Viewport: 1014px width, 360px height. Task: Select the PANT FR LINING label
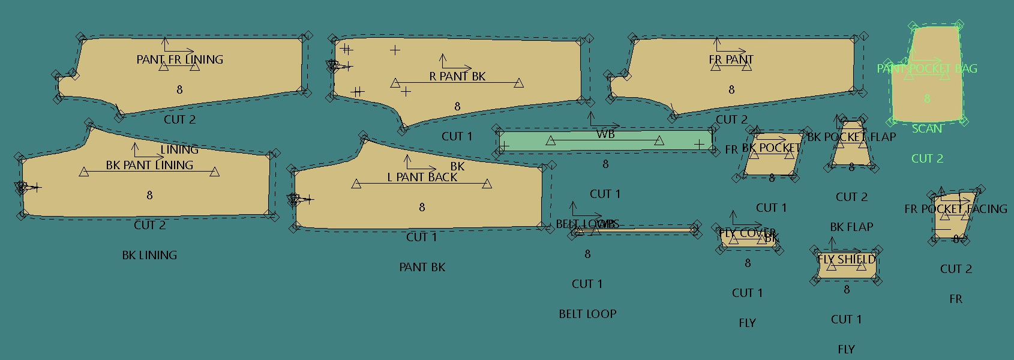(179, 59)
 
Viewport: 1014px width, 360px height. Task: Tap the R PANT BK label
(457, 76)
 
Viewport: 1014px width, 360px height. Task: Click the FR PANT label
(731, 59)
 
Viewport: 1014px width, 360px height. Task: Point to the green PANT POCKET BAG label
(926, 68)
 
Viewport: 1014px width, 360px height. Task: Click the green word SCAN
(926, 128)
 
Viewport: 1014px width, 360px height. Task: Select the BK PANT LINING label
(149, 165)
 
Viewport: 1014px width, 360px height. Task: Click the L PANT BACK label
(422, 177)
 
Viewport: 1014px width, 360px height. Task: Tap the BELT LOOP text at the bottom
(587, 314)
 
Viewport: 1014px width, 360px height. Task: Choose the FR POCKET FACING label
(955, 209)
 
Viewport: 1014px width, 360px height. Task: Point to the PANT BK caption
(422, 267)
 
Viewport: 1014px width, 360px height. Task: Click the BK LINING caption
(149, 255)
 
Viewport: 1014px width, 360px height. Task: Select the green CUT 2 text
(926, 158)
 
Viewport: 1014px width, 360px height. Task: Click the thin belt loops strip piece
(636, 230)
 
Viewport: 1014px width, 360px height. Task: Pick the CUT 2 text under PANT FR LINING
(179, 119)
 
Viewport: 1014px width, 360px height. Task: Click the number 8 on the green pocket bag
(926, 98)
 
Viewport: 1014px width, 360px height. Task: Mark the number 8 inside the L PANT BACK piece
(422, 207)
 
